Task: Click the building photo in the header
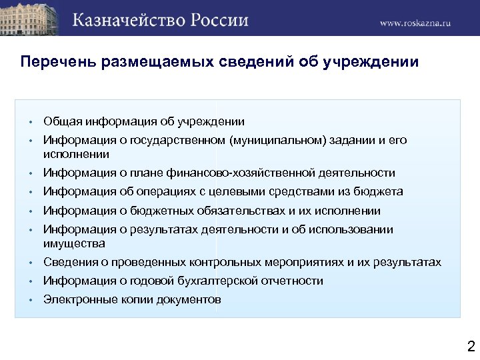tap(30, 18)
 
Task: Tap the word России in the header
tap(221, 19)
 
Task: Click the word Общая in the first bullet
tap(61, 121)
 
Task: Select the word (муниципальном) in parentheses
tap(285, 140)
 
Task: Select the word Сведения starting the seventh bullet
tap(70, 263)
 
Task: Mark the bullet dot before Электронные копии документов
tap(31, 301)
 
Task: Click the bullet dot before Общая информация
tap(31, 122)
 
